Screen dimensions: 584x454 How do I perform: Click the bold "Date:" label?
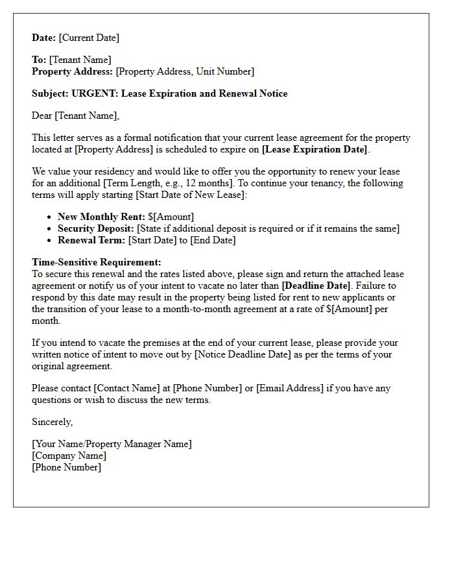click(44, 38)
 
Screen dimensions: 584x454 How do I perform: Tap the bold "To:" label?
click(39, 60)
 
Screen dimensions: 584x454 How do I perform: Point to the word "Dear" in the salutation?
click(42, 116)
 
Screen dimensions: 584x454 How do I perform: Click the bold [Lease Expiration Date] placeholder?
click(315, 149)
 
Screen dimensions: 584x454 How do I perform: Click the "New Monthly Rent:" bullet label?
click(101, 217)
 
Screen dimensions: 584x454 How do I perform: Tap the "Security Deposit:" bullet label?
click(96, 228)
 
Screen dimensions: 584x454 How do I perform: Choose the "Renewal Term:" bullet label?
click(91, 240)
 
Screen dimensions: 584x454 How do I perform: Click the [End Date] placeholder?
click(213, 240)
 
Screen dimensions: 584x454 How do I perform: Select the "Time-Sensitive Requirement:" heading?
click(97, 262)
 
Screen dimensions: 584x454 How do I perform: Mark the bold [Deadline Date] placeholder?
click(316, 286)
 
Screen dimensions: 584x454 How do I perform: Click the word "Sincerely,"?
click(53, 422)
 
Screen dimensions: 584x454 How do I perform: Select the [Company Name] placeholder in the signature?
click(69, 456)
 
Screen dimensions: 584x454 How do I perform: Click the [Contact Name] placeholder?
click(126, 388)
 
